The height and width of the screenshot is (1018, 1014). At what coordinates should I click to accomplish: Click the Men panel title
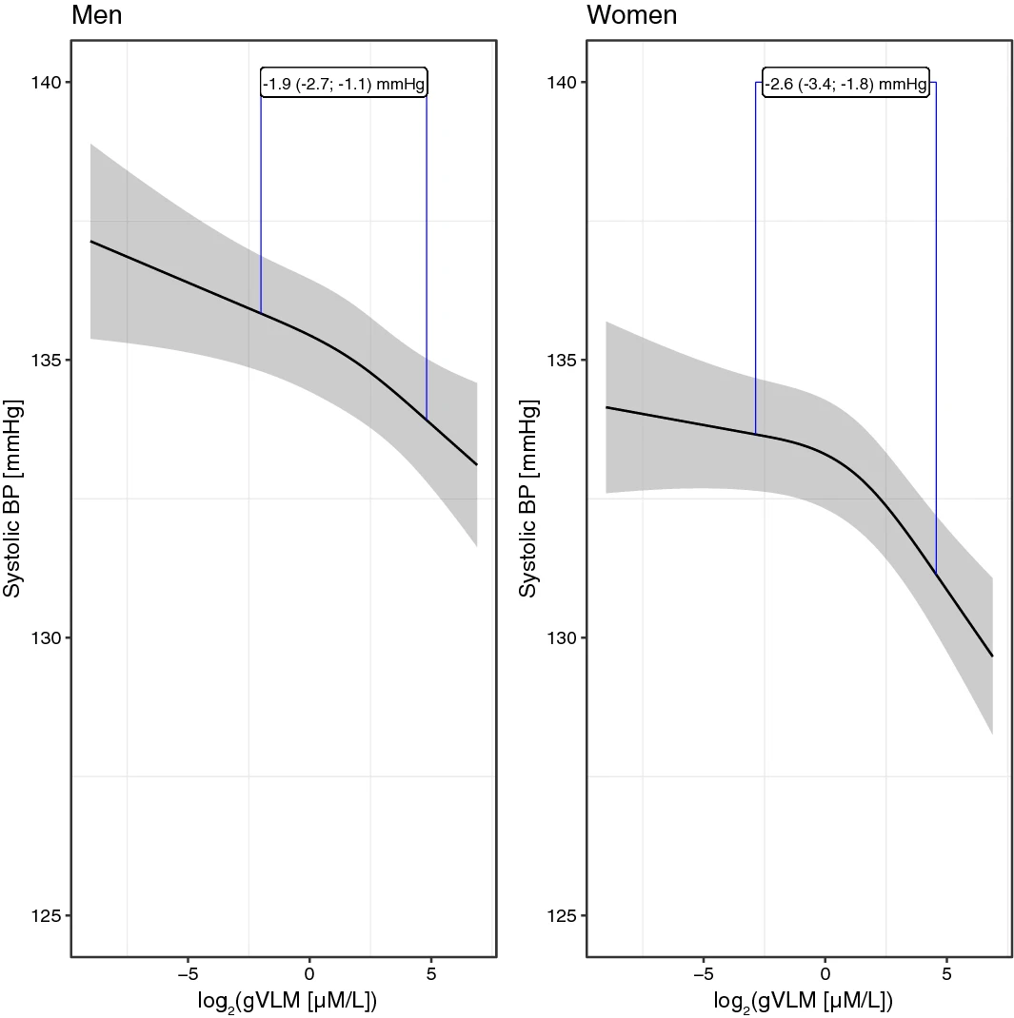tap(97, 16)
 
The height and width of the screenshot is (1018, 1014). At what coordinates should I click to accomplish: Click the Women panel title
tap(632, 16)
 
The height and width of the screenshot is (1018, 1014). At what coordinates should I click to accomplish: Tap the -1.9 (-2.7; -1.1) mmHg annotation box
tap(344, 84)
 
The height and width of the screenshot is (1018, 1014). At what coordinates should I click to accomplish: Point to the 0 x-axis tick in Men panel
tap(309, 975)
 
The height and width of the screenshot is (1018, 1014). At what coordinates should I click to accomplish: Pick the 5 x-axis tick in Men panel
tap(431, 975)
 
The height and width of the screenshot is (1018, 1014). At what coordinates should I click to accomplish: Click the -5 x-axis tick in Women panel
tap(703, 975)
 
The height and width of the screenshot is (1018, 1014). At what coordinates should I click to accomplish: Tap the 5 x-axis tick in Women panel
tap(947, 975)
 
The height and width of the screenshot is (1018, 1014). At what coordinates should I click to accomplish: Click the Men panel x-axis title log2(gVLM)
tap(284, 1002)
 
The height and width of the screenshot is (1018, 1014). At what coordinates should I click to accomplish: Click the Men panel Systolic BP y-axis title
tap(12, 499)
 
